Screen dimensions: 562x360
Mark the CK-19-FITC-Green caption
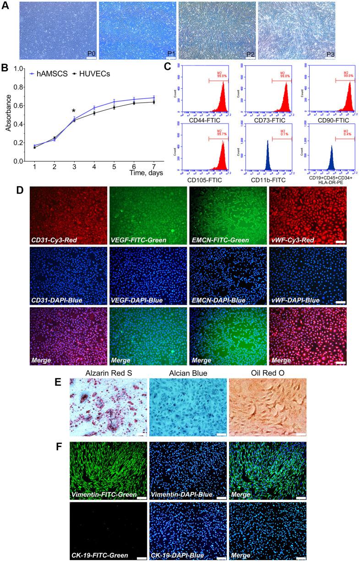click(x=98, y=556)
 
